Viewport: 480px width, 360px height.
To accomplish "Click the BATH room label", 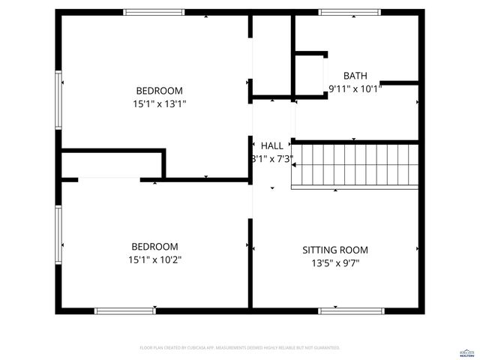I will point(355,76).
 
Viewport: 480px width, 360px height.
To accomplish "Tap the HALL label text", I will point(272,145).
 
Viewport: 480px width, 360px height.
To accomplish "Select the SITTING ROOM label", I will point(335,250).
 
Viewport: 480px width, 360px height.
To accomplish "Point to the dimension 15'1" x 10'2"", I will point(154,259).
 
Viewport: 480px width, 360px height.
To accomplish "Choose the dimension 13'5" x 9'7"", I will point(335,263).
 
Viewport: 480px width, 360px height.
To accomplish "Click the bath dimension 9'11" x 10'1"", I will point(355,88).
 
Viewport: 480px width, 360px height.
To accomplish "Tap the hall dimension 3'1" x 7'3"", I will point(271,159).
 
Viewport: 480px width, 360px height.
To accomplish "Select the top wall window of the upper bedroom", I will point(154,12).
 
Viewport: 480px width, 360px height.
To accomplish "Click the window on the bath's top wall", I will point(349,12).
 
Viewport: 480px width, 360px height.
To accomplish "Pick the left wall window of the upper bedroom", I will point(58,100).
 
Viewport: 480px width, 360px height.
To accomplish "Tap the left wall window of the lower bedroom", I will point(58,235).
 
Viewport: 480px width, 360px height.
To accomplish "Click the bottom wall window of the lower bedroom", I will point(124,310).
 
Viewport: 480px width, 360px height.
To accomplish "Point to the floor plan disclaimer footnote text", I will point(240,348).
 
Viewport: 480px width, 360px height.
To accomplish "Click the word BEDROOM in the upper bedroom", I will point(159,91).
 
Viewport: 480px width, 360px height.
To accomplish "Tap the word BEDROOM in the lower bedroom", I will point(154,247).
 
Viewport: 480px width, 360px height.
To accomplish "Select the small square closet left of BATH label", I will point(310,75).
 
